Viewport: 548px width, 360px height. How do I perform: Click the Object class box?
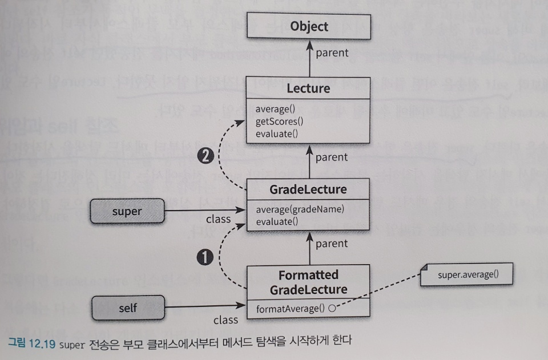pos(309,27)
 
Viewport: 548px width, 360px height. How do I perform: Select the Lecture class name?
pos(309,88)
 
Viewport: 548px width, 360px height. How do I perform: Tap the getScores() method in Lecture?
pos(279,122)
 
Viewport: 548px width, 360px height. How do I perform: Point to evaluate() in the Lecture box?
pos(277,134)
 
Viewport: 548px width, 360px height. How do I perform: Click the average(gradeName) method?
pos(300,209)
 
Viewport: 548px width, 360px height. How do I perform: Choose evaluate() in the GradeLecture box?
pos(277,221)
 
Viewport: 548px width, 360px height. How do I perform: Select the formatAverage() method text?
pos(290,309)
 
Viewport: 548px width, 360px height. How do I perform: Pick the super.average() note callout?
pos(468,275)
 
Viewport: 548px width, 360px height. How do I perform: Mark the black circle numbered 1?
pos(205,257)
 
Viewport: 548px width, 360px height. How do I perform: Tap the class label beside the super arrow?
pos(218,219)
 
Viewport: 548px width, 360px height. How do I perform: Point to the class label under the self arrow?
pos(225,320)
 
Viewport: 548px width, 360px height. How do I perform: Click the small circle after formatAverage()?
pos(331,309)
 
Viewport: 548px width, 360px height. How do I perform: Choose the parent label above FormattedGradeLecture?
pos(331,244)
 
